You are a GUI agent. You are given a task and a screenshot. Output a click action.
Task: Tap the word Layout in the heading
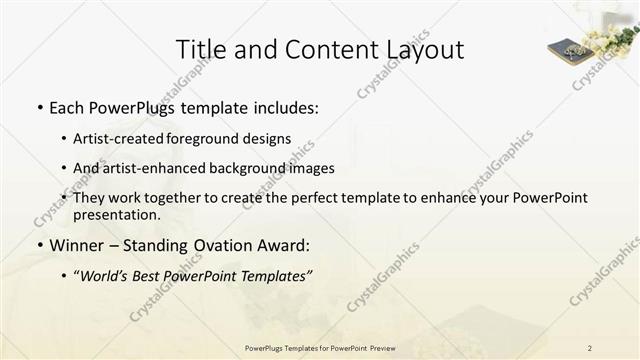(424, 49)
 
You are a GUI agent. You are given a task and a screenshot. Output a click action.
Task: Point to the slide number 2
(590, 347)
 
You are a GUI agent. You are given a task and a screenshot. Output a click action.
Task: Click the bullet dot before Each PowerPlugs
(38, 107)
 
